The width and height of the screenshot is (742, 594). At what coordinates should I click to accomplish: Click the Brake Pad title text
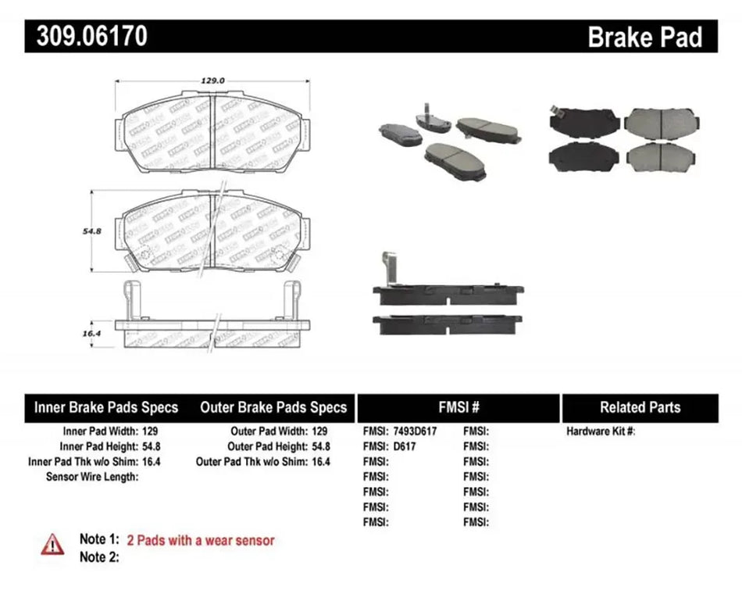click(x=644, y=37)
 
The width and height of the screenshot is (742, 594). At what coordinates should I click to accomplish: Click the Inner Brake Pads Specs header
click(x=106, y=407)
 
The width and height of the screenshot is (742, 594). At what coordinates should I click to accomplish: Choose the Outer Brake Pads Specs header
click(x=273, y=407)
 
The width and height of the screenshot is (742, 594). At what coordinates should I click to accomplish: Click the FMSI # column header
click(x=458, y=407)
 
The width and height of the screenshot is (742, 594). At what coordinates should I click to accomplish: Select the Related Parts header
click(x=640, y=407)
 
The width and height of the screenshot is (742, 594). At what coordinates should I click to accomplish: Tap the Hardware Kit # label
click(x=601, y=431)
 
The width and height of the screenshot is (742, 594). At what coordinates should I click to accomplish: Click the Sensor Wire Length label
click(x=93, y=476)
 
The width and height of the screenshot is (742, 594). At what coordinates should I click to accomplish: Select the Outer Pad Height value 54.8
click(x=319, y=445)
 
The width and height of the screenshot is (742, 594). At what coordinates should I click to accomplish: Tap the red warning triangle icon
click(x=52, y=542)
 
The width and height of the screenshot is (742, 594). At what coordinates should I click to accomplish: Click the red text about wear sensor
click(x=201, y=540)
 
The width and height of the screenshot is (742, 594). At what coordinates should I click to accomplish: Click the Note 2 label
click(x=98, y=556)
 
